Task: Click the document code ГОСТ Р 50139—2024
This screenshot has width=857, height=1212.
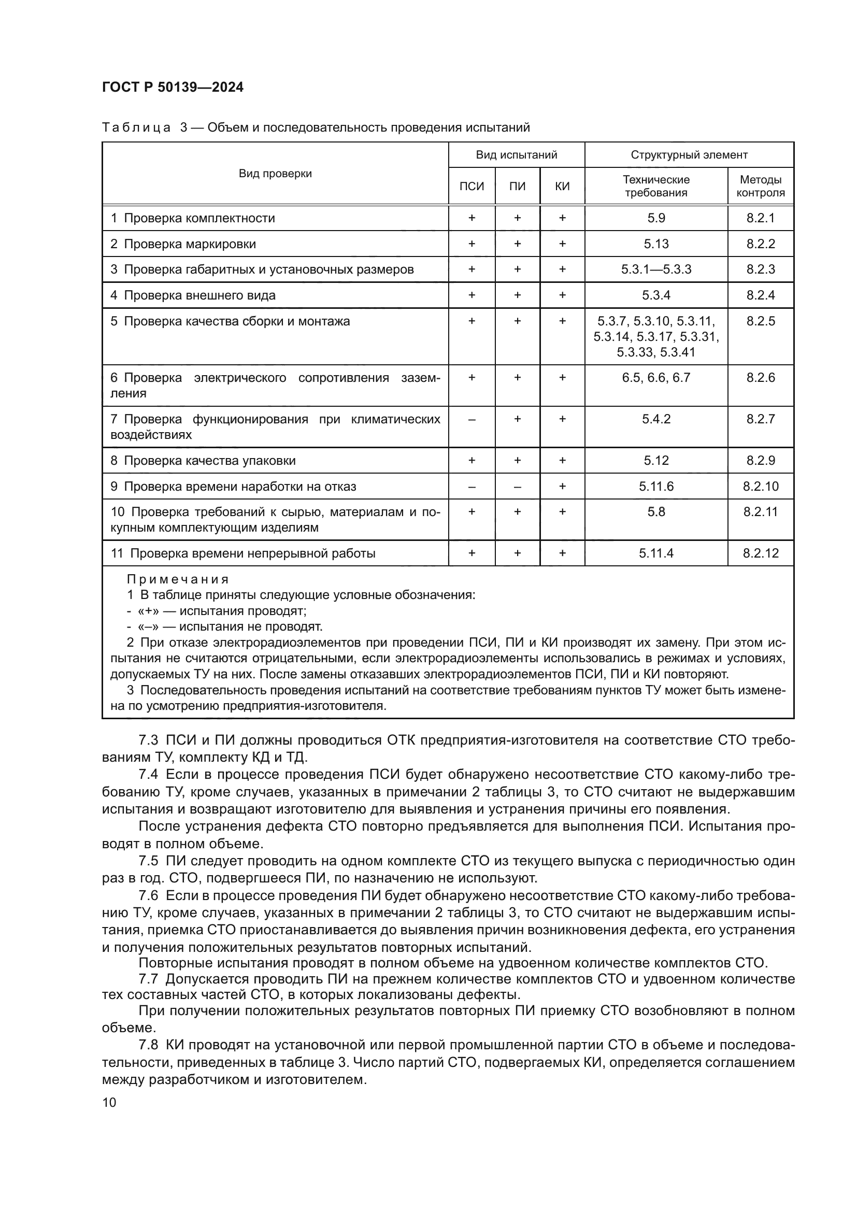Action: point(173,88)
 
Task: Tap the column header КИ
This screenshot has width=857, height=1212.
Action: point(562,187)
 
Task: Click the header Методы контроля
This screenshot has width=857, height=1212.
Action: point(761,187)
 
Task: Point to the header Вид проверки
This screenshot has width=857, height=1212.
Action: point(275,174)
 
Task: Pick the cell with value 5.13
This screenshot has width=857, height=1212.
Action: point(656,244)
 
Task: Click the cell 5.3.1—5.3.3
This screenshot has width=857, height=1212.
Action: point(656,270)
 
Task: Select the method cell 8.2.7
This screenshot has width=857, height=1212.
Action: point(761,419)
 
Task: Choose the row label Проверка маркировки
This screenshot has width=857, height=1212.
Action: point(190,245)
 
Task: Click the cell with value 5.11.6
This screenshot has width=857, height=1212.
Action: point(656,487)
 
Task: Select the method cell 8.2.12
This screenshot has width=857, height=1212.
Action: point(761,554)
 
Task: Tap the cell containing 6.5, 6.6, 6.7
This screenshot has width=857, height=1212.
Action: point(656,378)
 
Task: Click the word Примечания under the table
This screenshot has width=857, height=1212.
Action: point(178,580)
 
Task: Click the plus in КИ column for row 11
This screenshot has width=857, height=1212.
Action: point(562,554)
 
